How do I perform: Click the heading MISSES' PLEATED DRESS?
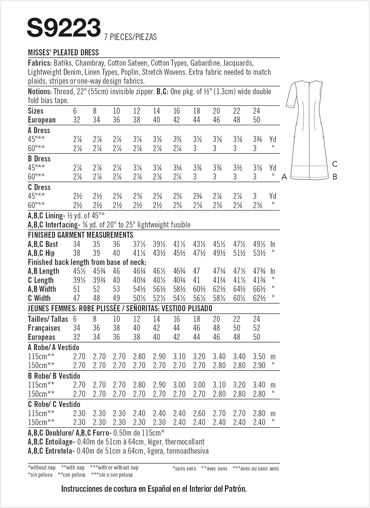coord(63,52)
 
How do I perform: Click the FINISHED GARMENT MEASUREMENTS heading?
coord(81,235)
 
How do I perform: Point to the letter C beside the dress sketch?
coord(334,164)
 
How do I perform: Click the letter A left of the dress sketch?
coord(284,177)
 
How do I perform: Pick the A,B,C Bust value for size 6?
coord(77,244)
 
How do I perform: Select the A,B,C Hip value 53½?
coord(259,253)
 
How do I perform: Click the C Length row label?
coord(41,280)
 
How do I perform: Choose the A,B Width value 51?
coord(77,289)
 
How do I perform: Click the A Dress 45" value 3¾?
coord(257,139)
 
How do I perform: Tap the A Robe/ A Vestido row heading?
coord(53,347)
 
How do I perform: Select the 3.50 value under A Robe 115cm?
coord(259,357)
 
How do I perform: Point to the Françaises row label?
coord(44,328)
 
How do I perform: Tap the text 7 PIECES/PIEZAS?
coord(130,37)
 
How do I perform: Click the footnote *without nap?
coord(42,468)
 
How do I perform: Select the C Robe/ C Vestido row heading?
coord(54,404)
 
